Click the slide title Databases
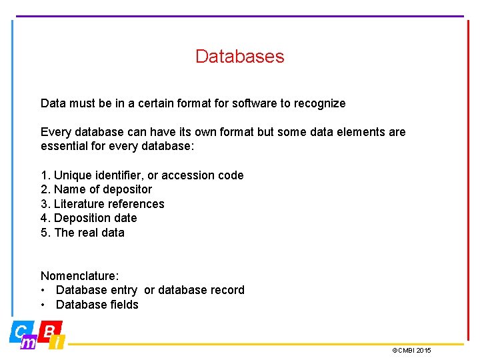click(x=239, y=57)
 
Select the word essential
click(x=64, y=147)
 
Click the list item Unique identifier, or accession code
click(x=142, y=175)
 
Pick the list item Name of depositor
click(x=96, y=189)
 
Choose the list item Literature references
click(x=102, y=204)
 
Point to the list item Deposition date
click(x=89, y=218)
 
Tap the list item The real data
click(x=83, y=233)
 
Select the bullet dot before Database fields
click(x=43, y=305)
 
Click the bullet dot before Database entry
click(x=43, y=290)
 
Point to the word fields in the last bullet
click(x=123, y=305)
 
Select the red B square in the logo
click(x=50, y=329)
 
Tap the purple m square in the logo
click(x=29, y=343)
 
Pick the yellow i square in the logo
click(x=58, y=343)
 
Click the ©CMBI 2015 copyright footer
click(x=411, y=350)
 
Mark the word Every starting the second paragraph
click(x=54, y=132)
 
